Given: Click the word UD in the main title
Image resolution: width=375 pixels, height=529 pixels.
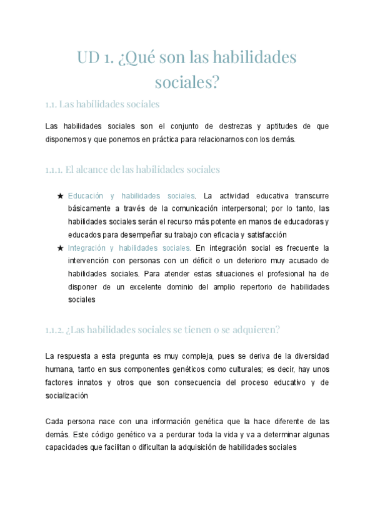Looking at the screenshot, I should tap(88, 58).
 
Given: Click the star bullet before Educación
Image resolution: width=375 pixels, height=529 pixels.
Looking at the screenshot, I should tap(60, 196).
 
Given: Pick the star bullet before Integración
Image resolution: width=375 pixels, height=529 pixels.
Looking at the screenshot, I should tap(60, 248).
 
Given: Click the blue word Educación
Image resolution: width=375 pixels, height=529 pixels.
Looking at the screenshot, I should tap(87, 196).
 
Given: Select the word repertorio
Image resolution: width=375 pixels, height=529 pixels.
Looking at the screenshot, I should tap(235, 286).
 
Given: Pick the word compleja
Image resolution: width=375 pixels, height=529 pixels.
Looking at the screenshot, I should tap(197, 356).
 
